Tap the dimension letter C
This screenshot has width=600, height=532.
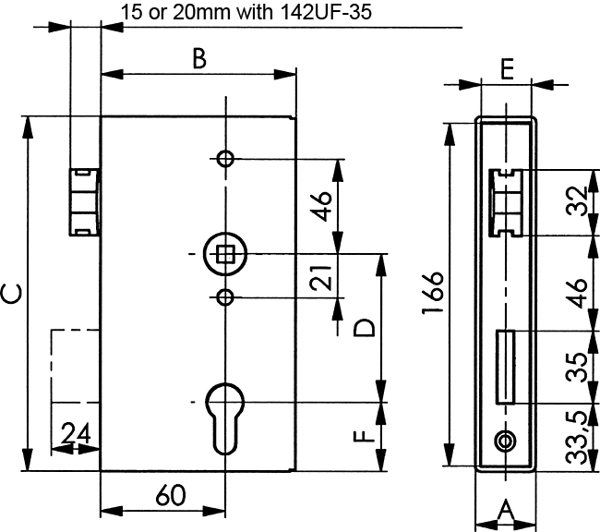coord(12,294)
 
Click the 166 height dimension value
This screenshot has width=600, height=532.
coord(434,294)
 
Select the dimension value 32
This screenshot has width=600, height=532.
coord(577,202)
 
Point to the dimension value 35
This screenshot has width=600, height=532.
coord(577,367)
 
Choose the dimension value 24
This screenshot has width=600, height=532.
coord(76,433)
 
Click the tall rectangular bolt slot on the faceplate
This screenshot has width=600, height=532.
coord(506,366)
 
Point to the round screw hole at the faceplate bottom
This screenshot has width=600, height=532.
coord(504,441)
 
